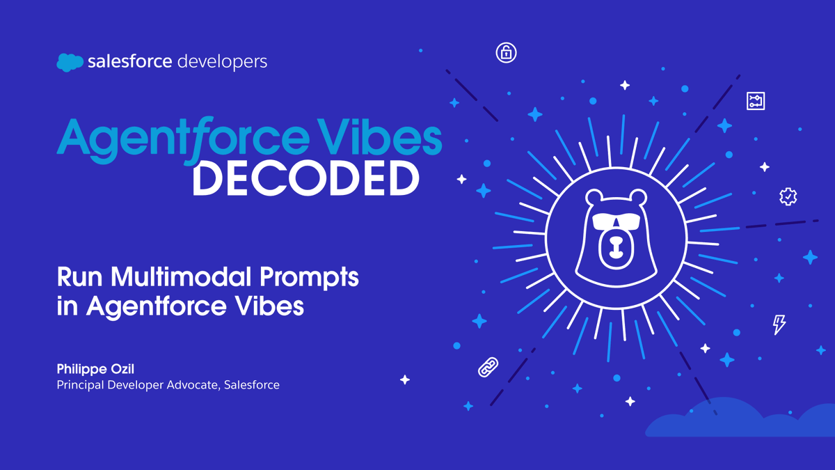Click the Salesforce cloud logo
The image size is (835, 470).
point(70,62)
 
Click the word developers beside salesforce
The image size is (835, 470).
point(222,61)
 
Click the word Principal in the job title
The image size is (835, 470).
point(80,384)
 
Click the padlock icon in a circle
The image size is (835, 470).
point(506,52)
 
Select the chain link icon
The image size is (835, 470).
point(488,367)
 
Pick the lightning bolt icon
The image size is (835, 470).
point(779,324)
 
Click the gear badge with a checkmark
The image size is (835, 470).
point(788,196)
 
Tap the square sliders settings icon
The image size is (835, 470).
point(756,101)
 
